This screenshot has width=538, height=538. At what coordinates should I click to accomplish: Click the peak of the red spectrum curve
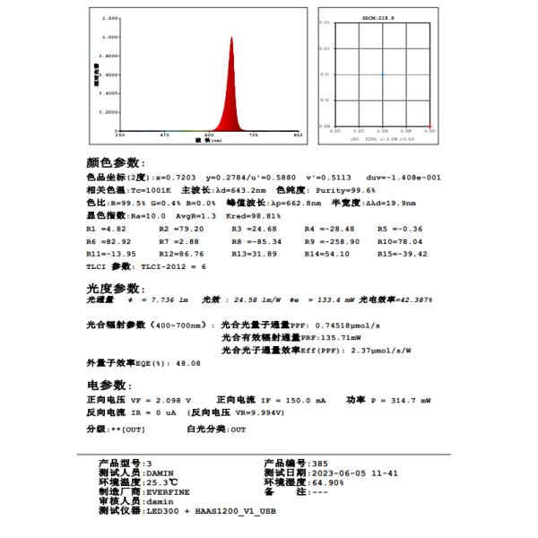231,38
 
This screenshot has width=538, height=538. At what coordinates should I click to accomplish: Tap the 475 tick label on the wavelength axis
164,134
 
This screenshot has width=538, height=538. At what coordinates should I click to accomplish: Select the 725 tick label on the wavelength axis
253,134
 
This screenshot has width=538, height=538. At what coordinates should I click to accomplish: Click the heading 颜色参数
115,162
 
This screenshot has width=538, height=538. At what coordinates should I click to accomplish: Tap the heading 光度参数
115,289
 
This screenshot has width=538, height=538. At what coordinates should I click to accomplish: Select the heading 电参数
109,385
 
